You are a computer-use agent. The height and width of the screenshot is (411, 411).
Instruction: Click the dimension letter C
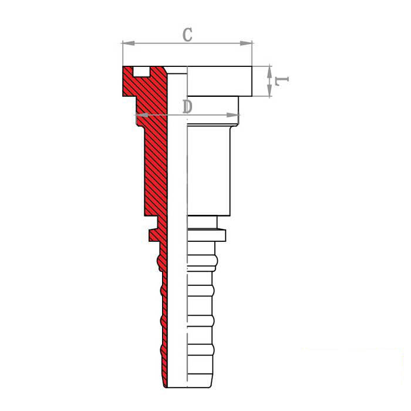pos(187,35)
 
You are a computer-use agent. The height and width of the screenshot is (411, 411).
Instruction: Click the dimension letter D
pos(187,106)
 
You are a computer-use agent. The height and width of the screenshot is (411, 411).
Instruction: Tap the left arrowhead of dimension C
pos(129,43)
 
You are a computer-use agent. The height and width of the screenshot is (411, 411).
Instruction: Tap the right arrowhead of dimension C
pos(246,43)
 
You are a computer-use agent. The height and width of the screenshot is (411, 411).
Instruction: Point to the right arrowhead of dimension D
pos(233,115)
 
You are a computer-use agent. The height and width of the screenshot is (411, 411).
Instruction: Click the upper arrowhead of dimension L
pos(269,72)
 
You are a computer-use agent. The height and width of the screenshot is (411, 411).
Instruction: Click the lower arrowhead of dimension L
pos(269,90)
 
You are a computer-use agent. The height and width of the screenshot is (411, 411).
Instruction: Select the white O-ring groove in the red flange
pos(142,72)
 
